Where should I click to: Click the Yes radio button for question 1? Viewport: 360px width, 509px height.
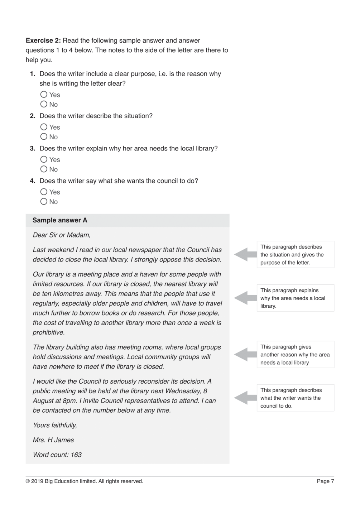point(44,95)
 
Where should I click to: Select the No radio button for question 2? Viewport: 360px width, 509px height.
point(44,136)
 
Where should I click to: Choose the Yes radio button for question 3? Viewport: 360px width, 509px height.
point(44,159)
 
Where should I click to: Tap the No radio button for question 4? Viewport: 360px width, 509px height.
point(44,202)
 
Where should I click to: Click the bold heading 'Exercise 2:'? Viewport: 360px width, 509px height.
point(43,40)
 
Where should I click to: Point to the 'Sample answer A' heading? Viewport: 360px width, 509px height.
point(60,220)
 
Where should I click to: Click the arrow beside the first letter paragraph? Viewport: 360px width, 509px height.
point(245,254)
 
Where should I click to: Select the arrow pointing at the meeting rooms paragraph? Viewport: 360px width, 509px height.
point(245,354)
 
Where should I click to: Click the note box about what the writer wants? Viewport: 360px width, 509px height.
point(295,398)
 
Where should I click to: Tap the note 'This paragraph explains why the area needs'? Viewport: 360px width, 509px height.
point(295,298)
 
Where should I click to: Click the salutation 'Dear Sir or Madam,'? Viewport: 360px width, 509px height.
point(62,235)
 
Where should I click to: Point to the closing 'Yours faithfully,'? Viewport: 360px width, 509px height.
point(55,425)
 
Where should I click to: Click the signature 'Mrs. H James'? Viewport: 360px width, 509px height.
point(53,440)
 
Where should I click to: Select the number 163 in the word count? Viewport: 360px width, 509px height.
point(76,455)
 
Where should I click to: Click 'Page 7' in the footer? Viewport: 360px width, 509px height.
point(325,481)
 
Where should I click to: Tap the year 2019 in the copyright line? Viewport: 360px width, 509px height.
point(37,481)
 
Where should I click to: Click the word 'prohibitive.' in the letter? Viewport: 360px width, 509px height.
point(49,332)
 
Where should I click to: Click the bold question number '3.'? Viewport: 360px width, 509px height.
point(33,148)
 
